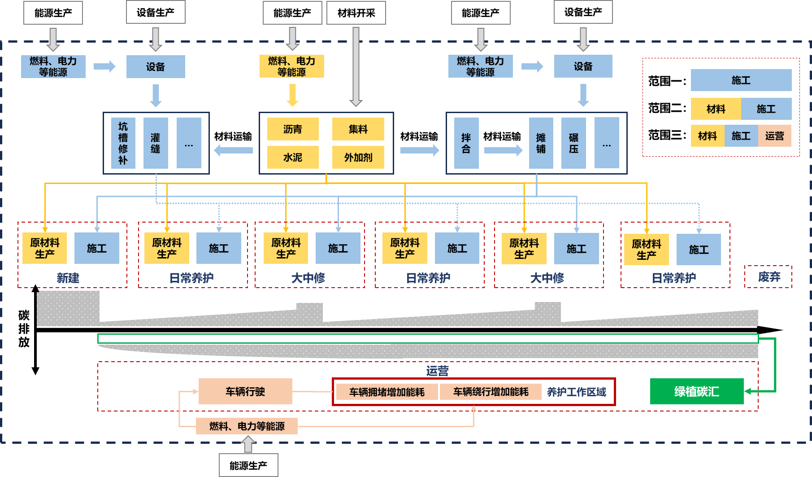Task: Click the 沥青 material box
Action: [293, 129]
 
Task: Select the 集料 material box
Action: [358, 129]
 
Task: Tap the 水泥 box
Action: [293, 158]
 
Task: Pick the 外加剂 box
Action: [358, 158]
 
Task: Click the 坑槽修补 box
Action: [123, 143]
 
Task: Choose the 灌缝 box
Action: [156, 143]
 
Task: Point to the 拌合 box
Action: [466, 143]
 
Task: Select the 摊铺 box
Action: [541, 143]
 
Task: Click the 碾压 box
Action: [573, 143]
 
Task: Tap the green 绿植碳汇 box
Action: [696, 392]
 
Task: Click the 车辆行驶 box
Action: [245, 392]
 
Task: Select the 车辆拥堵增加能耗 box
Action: [386, 392]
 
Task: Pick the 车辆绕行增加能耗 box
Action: [491, 392]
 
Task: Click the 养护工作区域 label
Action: [576, 392]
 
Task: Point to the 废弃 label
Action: [769, 277]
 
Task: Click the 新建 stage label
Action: [68, 278]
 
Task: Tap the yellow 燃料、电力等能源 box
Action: [291, 66]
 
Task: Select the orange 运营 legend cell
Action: [774, 136]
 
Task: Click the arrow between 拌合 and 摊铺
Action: [503, 150]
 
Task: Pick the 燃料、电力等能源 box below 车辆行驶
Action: [247, 426]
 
